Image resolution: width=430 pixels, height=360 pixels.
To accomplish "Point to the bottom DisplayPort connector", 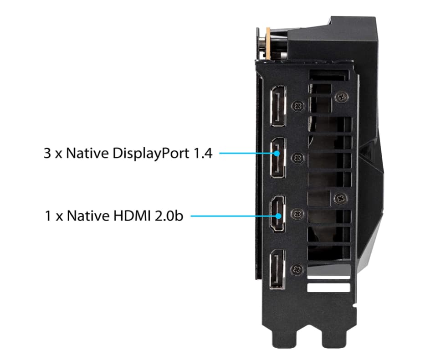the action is tap(277, 270).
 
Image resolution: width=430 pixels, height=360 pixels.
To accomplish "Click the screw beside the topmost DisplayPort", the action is tap(298, 106).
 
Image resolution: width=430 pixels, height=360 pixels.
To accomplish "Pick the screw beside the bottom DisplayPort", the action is tap(297, 270).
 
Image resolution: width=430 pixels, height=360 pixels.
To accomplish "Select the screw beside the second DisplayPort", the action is tap(298, 158).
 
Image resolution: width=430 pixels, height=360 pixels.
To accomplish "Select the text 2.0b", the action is tap(169, 216).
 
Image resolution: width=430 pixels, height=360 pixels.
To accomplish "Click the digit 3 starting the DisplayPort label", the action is tap(47, 153).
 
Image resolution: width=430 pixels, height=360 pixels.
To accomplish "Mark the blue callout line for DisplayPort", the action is tap(249, 153).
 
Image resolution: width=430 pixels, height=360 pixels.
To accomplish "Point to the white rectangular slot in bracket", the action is tap(329, 288).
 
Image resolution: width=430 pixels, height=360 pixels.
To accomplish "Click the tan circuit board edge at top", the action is tap(268, 43).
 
